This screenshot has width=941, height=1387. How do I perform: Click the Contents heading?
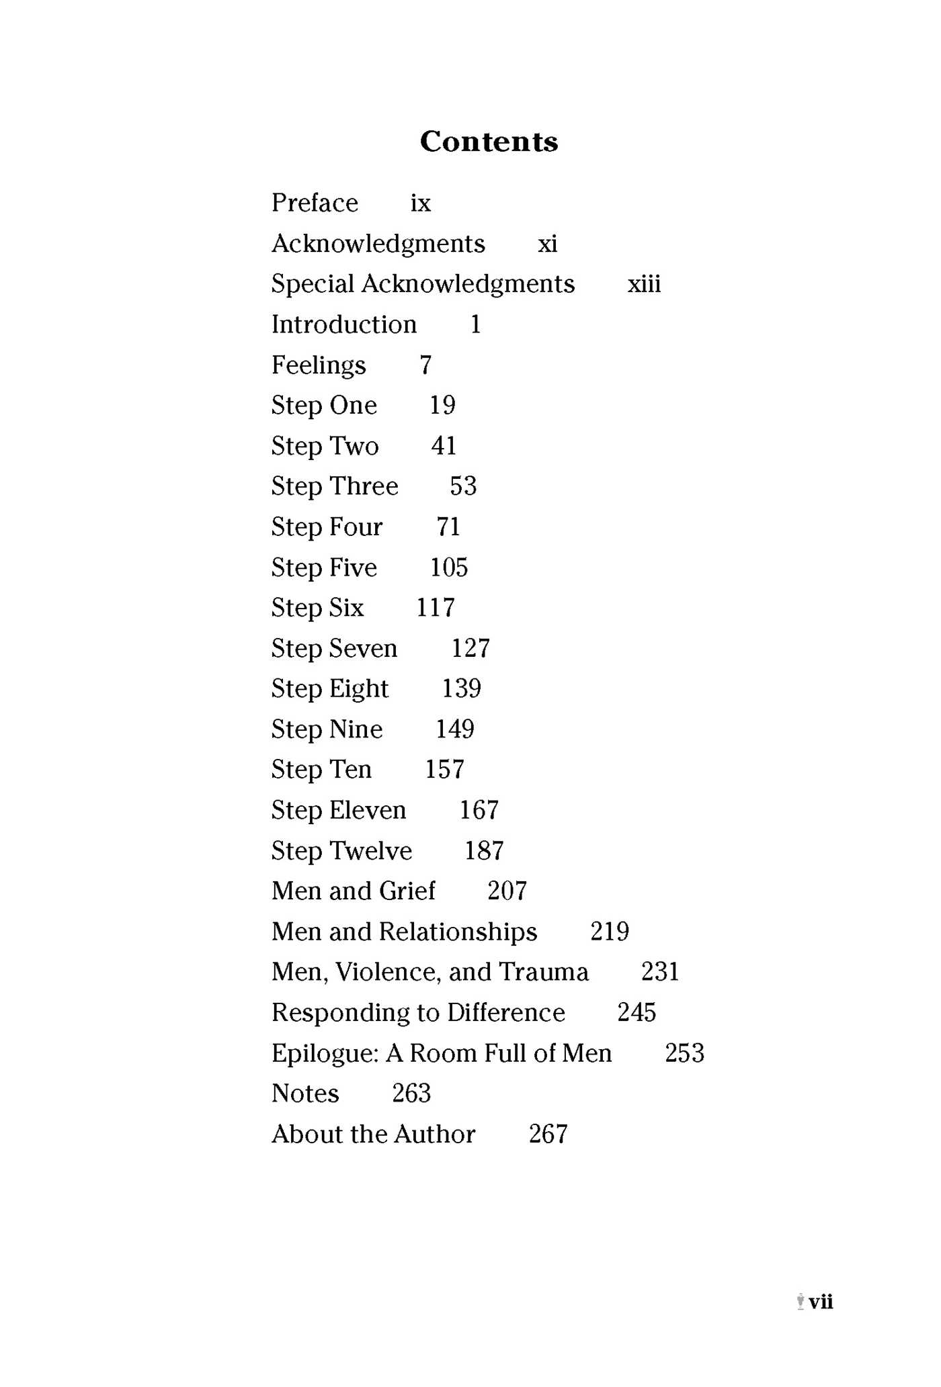tap(489, 142)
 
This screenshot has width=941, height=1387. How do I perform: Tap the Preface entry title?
tap(315, 203)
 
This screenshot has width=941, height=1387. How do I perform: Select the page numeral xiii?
tap(644, 284)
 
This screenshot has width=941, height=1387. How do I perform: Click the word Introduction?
tap(344, 325)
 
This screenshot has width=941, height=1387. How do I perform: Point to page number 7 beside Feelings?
tap(425, 365)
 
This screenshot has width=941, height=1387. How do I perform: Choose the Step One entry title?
tap(324, 406)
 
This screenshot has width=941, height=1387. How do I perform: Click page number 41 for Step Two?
tap(444, 446)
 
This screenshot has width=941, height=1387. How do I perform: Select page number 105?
tap(448, 568)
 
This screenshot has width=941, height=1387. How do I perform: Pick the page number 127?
tap(470, 648)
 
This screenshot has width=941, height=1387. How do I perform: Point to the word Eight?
tap(359, 689)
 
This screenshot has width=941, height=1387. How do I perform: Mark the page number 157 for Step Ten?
tap(444, 770)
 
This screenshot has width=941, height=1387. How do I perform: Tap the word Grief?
tap(407, 891)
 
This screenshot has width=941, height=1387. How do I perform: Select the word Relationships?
tap(458, 932)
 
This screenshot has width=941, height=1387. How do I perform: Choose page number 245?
tap(637, 1012)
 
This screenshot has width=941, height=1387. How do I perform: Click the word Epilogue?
tap(325, 1053)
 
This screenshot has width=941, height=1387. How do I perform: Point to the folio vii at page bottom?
tap(821, 1302)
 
